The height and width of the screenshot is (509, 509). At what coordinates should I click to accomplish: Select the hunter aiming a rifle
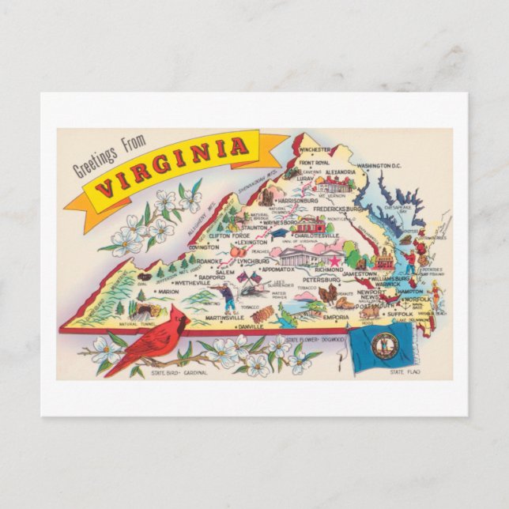227,296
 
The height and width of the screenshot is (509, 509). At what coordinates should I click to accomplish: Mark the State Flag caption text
406,371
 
